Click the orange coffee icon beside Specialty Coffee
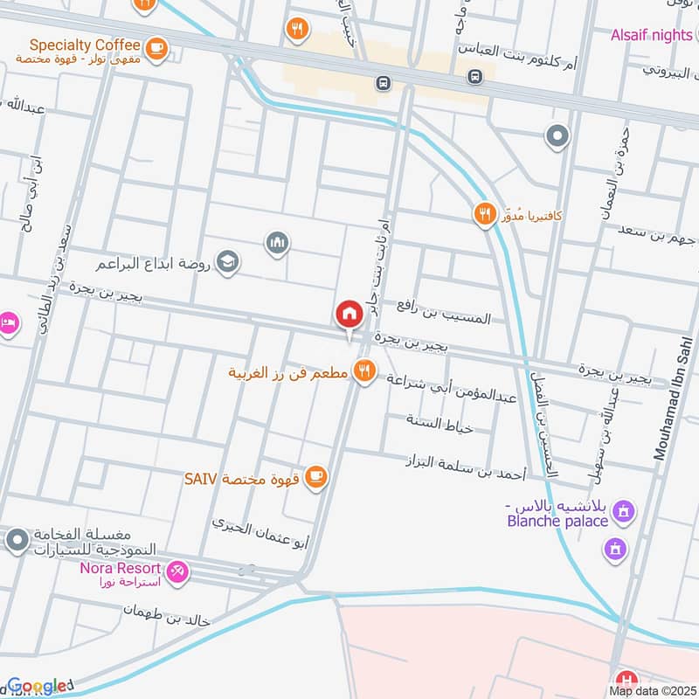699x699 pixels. coord(157,49)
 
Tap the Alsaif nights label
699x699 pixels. coord(651,35)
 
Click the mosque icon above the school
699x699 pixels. coord(278,242)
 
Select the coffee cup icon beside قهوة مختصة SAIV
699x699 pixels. coord(316,477)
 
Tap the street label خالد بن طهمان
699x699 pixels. coord(169,619)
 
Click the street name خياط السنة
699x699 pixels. coord(439,424)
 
